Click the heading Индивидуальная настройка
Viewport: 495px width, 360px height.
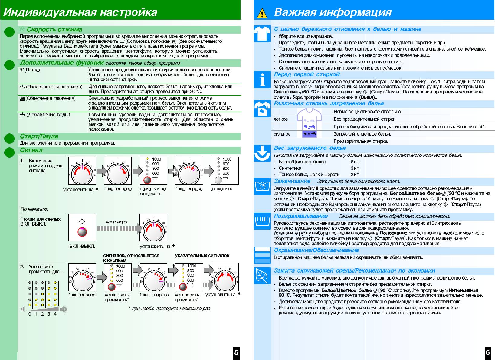80,12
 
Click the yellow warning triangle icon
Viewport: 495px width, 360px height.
262,14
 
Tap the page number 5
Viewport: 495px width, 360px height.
236,352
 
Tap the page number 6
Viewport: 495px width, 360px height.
488,352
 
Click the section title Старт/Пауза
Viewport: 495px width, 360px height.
39,136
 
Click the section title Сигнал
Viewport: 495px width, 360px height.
31,150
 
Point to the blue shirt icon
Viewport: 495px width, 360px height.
262,33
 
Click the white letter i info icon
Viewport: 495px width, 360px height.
262,80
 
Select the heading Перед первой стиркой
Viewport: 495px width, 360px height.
307,74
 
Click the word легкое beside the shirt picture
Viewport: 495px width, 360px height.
280,119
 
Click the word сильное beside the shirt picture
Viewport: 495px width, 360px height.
282,134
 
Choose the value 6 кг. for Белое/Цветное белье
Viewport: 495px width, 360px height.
355,162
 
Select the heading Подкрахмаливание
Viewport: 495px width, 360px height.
300,216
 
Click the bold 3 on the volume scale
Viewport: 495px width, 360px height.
49,314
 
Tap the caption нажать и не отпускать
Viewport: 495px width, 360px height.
152,191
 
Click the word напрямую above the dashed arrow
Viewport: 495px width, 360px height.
116,222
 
